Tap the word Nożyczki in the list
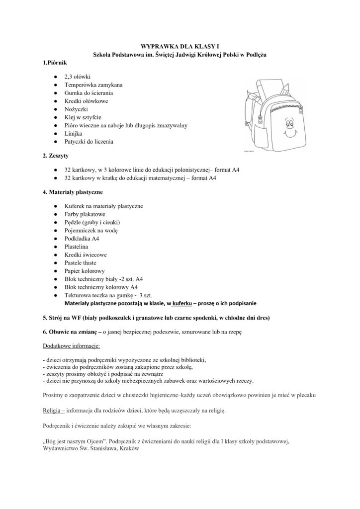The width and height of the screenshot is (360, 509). click(76, 109)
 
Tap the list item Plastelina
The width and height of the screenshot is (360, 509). click(78, 247)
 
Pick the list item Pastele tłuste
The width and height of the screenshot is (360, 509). click(81, 262)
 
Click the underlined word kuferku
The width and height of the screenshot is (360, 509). click(185, 303)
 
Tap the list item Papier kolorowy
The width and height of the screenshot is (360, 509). click(85, 271)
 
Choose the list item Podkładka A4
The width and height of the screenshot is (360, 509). click(82, 239)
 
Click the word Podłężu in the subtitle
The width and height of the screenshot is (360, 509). click(255, 54)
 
